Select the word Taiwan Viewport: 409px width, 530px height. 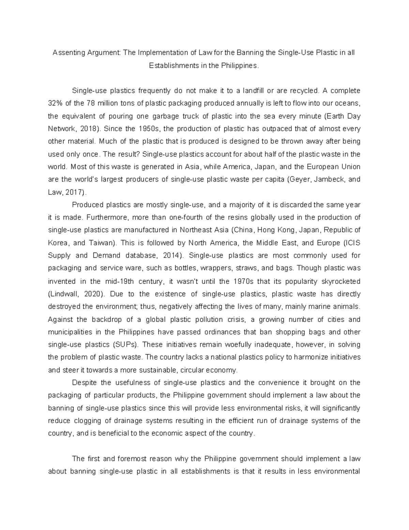(x=102, y=243)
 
